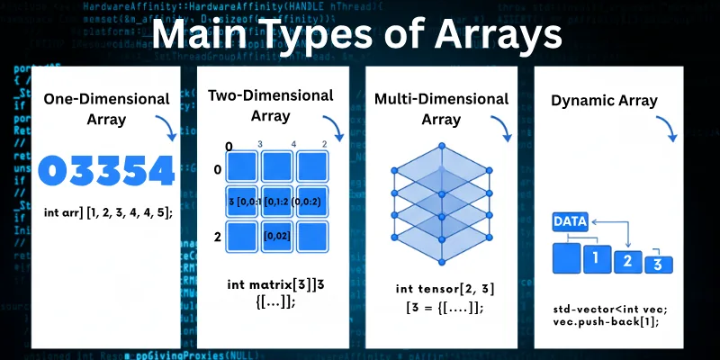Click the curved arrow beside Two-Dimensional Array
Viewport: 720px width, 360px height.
(335, 130)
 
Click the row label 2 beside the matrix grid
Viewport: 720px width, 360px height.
(216, 236)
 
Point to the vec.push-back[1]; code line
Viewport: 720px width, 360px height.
(598, 321)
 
